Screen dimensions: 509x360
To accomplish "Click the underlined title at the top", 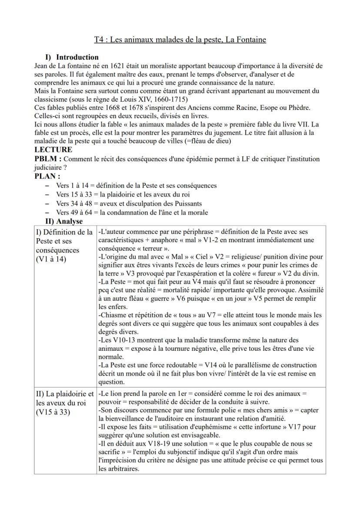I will point(180,40).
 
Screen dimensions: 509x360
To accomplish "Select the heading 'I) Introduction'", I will point(72,57).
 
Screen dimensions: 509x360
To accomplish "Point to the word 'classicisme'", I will point(49,99).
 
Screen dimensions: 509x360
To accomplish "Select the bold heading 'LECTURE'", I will point(53,150).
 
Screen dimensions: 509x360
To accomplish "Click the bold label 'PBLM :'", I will point(48,159).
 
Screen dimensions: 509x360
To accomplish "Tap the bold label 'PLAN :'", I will point(47,176).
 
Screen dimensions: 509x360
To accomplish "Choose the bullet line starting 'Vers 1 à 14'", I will point(136,186).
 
